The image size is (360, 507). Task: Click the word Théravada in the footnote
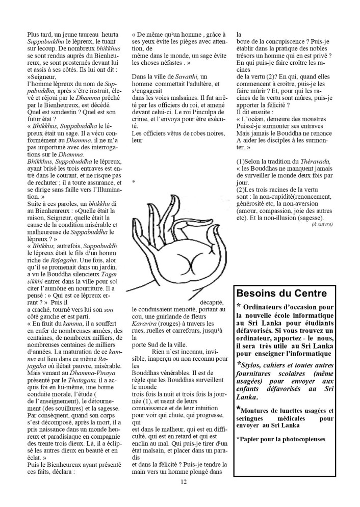click(314, 162)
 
